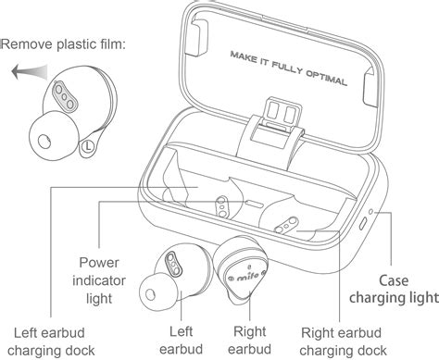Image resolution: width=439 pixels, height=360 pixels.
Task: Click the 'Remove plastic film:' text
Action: (63, 44)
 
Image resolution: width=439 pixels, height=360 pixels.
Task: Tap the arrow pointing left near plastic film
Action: (30, 72)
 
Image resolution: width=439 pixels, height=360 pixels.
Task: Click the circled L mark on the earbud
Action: (88, 146)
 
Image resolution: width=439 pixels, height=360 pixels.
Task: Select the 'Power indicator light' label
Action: (99, 280)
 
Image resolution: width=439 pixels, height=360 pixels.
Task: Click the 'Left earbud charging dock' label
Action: (51, 341)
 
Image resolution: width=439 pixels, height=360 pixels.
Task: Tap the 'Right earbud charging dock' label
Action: (343, 341)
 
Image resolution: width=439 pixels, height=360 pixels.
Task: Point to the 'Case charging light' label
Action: (394, 289)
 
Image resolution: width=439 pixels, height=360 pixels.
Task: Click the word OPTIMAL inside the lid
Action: (327, 78)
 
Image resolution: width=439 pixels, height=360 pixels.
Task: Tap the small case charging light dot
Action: (371, 212)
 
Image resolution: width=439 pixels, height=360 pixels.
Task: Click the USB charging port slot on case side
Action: (363, 224)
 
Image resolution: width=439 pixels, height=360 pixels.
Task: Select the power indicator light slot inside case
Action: (255, 204)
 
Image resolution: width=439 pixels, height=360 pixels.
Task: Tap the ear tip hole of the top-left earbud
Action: (44, 142)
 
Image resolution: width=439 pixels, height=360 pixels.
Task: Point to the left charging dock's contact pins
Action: (222, 206)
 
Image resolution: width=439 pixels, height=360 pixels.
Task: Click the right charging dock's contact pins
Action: (286, 226)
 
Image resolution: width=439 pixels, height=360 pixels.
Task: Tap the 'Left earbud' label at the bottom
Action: (182, 341)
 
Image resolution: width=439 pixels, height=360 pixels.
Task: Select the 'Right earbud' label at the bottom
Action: (249, 341)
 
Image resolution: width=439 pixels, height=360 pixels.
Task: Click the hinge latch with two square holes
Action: (282, 112)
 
